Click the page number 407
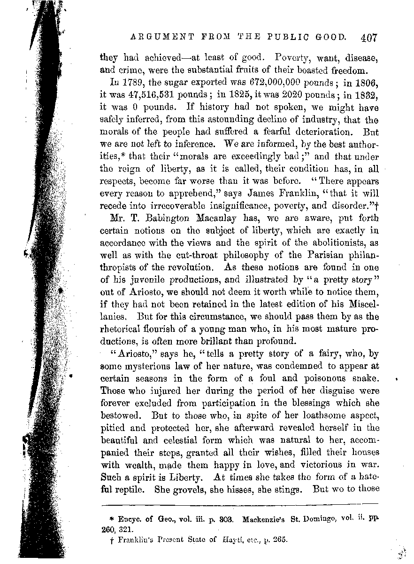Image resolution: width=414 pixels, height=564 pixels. (x=373, y=38)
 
